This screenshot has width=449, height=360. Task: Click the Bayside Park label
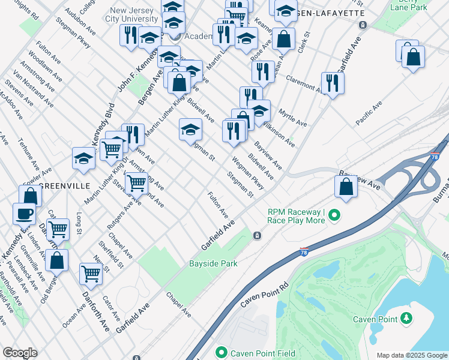tap(213, 263)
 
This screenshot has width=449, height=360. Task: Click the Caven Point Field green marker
tap(221, 353)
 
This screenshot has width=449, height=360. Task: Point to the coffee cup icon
tap(25, 212)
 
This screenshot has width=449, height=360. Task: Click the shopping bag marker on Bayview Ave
tap(346, 186)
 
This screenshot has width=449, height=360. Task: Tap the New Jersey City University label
tap(143, 15)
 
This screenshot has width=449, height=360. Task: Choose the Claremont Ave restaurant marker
tap(332, 83)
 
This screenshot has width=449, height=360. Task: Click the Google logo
tap(20, 353)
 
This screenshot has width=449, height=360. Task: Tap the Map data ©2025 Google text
tap(412, 355)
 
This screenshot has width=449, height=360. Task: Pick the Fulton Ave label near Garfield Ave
tap(218, 205)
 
